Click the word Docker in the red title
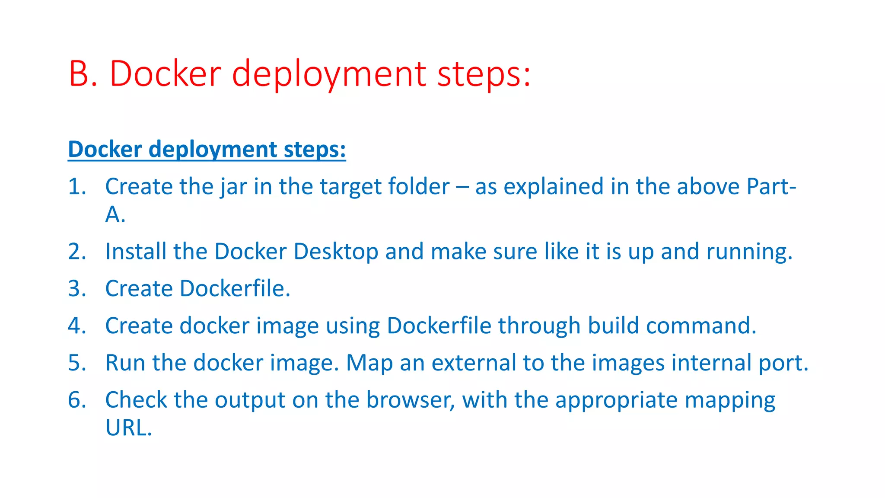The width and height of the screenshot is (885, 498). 166,74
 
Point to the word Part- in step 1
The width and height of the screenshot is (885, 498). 771,187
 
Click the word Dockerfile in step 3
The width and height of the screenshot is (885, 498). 234,289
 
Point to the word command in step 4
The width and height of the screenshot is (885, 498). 701,326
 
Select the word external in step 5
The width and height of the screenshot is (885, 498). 474,363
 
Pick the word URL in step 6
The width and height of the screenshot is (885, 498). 128,428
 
